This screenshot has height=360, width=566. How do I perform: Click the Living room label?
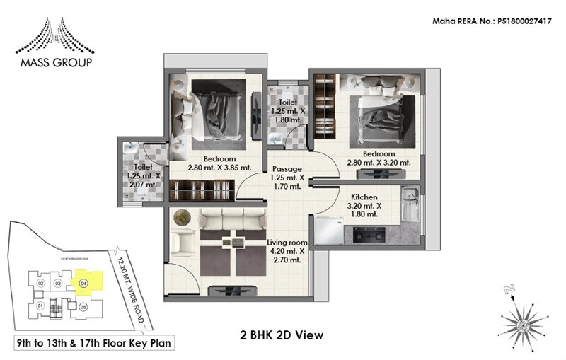click(287, 243)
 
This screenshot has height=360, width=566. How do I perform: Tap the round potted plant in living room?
click(183, 217)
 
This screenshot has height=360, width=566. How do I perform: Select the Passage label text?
click(288, 169)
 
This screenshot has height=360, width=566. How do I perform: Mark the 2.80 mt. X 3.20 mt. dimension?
click(379, 163)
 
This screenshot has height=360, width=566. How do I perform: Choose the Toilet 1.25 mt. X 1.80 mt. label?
click(287, 111)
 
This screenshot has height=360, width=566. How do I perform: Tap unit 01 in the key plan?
click(40, 306)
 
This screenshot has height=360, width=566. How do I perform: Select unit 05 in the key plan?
click(83, 307)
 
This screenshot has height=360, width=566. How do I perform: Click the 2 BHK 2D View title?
click(282, 334)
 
